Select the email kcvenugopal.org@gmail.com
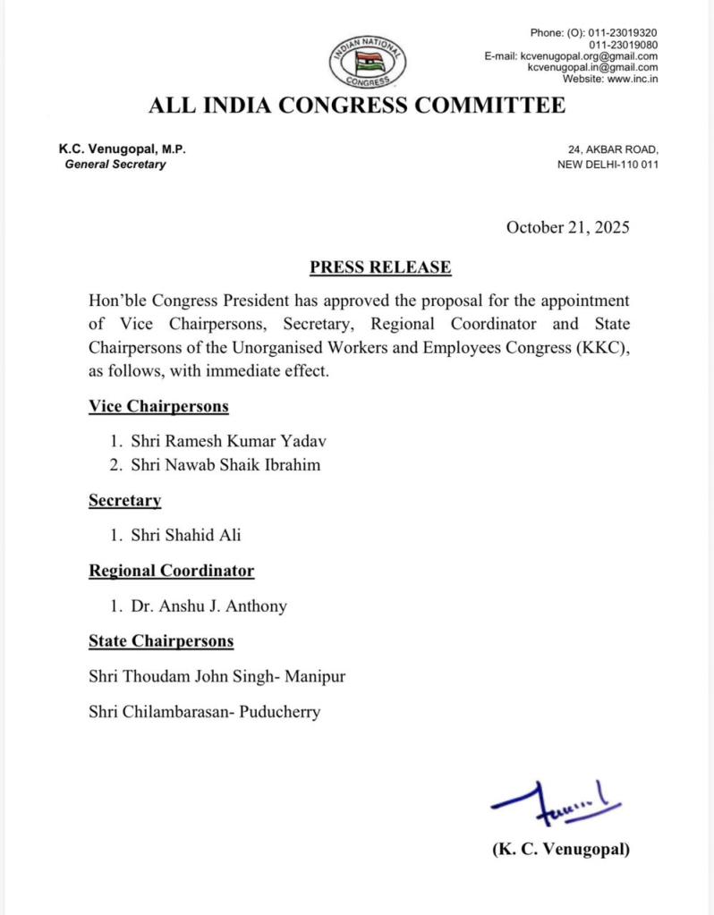pyautogui.click(x=590, y=56)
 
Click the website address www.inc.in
pyautogui.click(x=633, y=80)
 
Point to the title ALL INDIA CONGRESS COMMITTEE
pyautogui.click(x=357, y=106)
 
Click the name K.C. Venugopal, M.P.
pyautogui.click(x=123, y=150)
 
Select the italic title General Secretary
pyautogui.click(x=115, y=165)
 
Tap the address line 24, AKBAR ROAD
pyautogui.click(x=613, y=150)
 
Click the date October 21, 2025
pyautogui.click(x=567, y=226)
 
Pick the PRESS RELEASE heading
pyautogui.click(x=380, y=267)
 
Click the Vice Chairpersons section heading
pyautogui.click(x=158, y=407)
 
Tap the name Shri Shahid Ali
pyautogui.click(x=185, y=536)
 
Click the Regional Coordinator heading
pyautogui.click(x=171, y=571)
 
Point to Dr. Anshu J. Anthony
pyautogui.click(x=209, y=606)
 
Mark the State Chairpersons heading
pyautogui.click(x=161, y=641)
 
